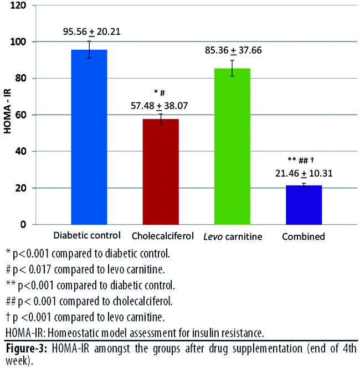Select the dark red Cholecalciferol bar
161,172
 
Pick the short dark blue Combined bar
304,205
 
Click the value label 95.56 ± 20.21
92,32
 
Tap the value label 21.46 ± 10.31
304,173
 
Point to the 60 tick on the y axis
21,115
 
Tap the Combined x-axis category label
304,236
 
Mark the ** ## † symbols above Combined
302,160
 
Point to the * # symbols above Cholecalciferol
160,92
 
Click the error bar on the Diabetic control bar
89,49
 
